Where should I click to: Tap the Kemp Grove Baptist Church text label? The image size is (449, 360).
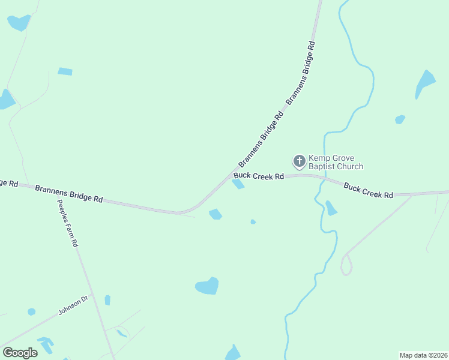(x=336, y=162)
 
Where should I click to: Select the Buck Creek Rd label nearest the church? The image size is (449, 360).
(x=259, y=176)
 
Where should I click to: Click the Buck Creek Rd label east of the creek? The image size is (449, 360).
(x=368, y=191)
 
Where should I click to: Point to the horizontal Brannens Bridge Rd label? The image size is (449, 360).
(x=68, y=193)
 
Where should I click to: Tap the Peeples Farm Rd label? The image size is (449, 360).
(x=68, y=221)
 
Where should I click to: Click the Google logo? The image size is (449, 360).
(x=20, y=353)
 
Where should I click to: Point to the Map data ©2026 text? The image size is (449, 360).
(x=423, y=355)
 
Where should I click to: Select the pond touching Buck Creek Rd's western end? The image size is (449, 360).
(x=238, y=184)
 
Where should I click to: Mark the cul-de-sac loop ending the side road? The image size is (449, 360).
(x=346, y=265)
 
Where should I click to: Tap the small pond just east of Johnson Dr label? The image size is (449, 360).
(x=107, y=300)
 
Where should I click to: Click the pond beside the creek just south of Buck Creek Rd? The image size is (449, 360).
(x=331, y=208)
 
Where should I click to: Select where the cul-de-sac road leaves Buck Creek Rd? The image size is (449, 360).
(x=412, y=195)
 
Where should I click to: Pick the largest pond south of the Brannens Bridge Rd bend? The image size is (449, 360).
(x=207, y=286)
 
